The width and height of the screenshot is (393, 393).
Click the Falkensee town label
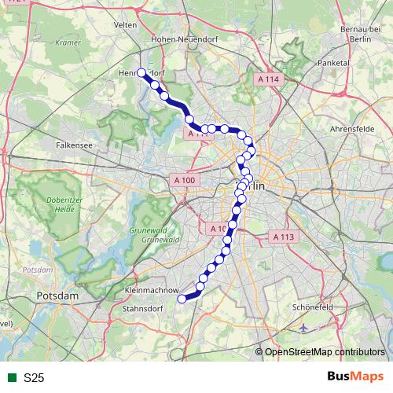coord(75,145)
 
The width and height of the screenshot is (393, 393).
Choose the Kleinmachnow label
coord(150,291)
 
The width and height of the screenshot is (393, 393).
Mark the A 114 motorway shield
coord(269,79)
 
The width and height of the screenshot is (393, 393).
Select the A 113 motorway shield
coord(281,236)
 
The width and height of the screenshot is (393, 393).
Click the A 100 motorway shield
coord(183,180)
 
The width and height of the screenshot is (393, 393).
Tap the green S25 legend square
coord(12,378)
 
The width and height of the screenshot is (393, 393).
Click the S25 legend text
coord(34,378)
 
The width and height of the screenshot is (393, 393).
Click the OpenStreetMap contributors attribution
coord(327,351)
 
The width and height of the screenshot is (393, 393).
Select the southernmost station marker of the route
coord(182,299)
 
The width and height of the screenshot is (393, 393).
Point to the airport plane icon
coord(305,327)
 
